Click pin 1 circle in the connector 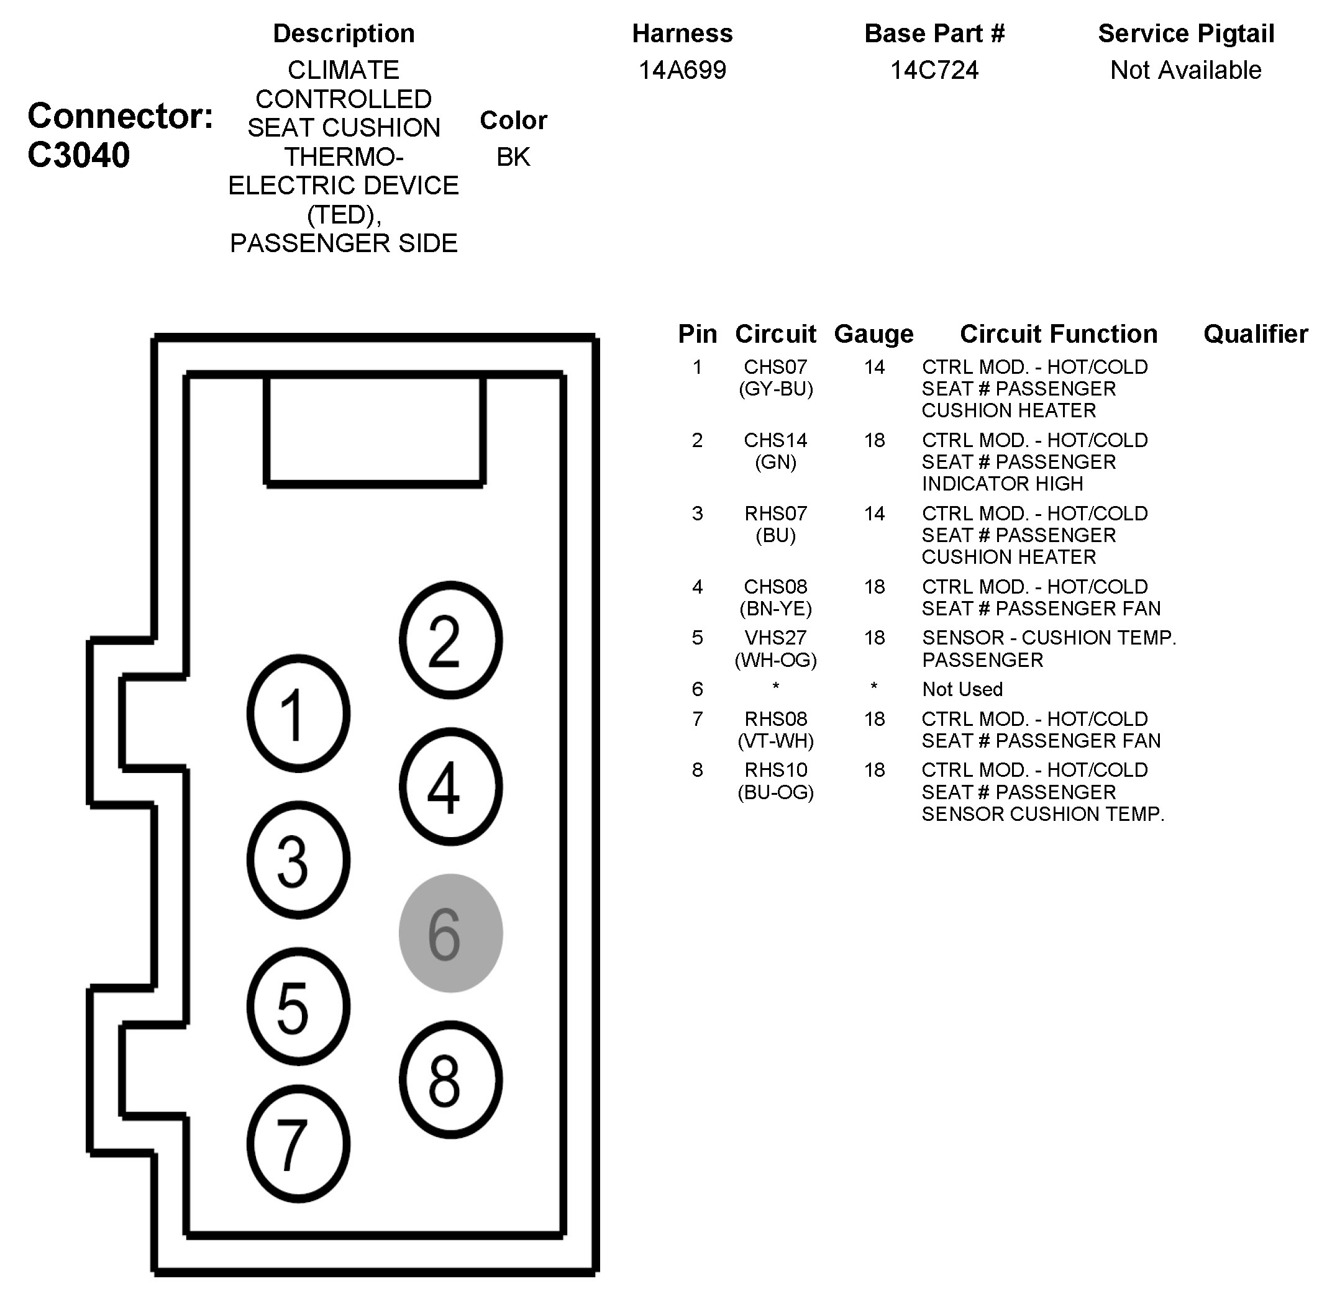click(298, 713)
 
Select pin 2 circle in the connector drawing click(450, 640)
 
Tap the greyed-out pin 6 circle click(450, 933)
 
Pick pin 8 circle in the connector click(450, 1079)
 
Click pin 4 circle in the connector click(450, 787)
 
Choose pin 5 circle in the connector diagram click(298, 1007)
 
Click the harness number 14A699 click(682, 70)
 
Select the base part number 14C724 click(934, 70)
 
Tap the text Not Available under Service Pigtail click(1186, 70)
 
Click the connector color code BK click(513, 157)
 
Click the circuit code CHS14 click(775, 440)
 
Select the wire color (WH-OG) click(775, 659)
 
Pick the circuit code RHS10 click(775, 769)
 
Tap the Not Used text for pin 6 click(962, 689)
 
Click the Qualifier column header click(1256, 333)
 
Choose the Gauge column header click(873, 333)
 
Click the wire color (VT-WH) click(775, 741)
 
